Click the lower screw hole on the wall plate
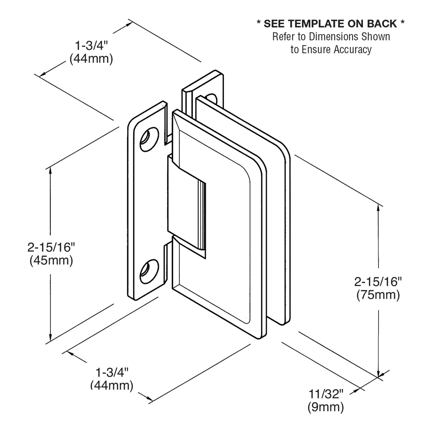148,271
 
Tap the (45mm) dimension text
51,260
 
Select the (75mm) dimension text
378,295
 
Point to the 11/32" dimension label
326,394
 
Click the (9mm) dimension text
326,407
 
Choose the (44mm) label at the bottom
112,385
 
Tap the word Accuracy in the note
353,49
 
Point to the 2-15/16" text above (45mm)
51,247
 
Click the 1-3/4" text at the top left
92,46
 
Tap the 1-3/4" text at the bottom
112,372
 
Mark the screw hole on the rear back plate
212,97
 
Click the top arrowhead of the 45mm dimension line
51,171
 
